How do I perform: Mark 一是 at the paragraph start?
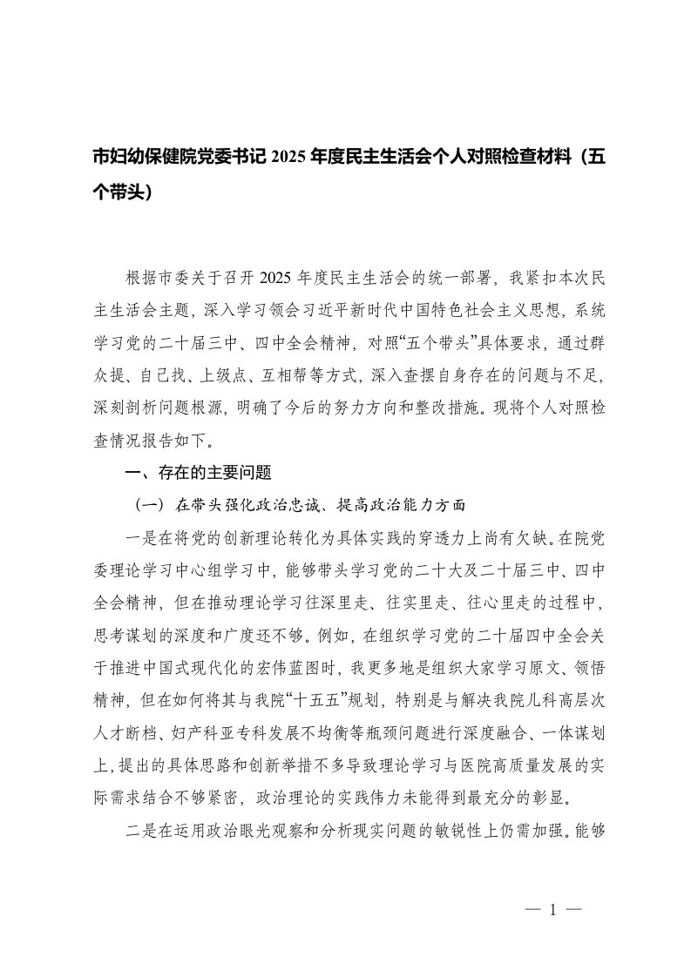point(140,536)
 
